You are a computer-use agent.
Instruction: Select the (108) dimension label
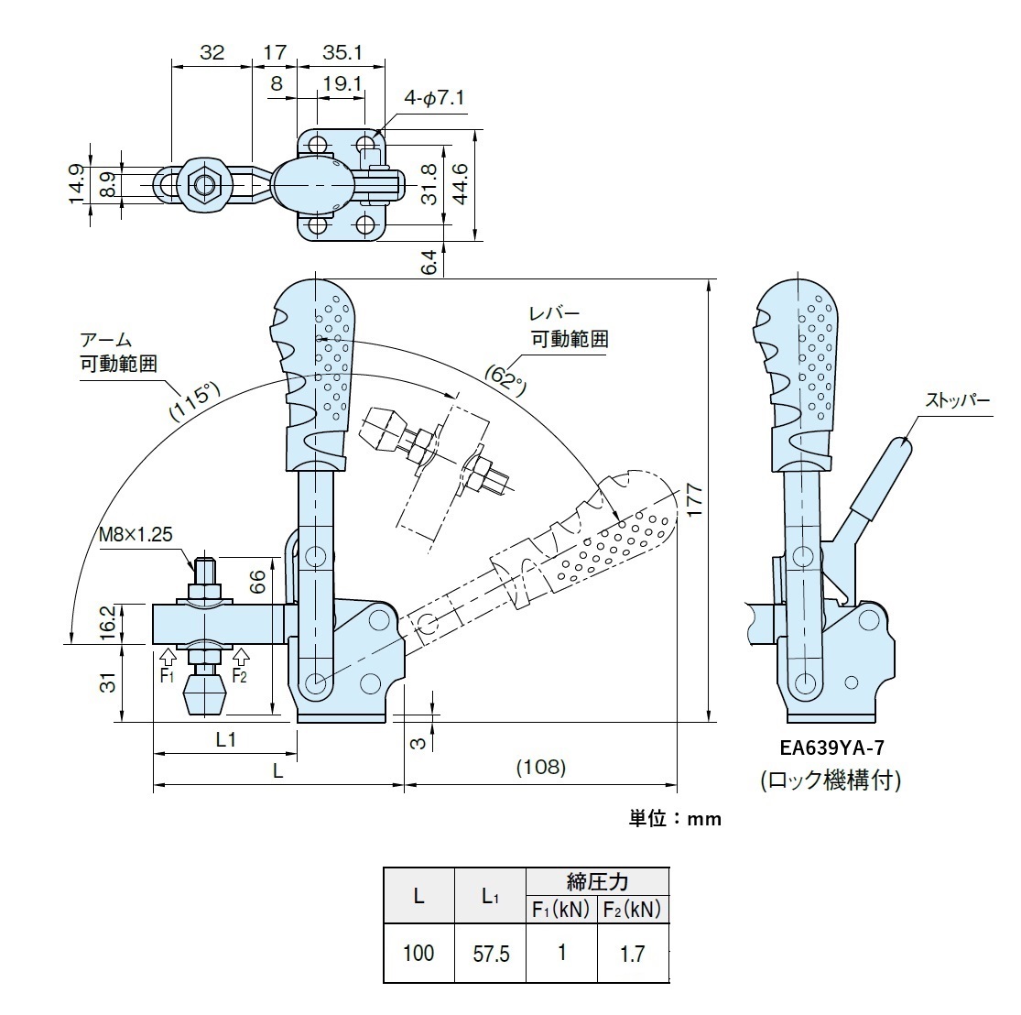(540, 766)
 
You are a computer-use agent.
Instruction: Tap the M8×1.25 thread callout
(136, 534)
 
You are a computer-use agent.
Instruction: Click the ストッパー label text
(957, 400)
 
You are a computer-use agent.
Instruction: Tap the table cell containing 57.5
(491, 955)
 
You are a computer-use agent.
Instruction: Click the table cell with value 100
(418, 954)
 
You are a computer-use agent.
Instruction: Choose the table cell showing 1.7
(632, 955)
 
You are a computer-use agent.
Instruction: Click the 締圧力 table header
(597, 882)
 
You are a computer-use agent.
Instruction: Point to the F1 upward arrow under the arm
(166, 656)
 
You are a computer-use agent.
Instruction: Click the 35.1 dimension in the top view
(342, 53)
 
